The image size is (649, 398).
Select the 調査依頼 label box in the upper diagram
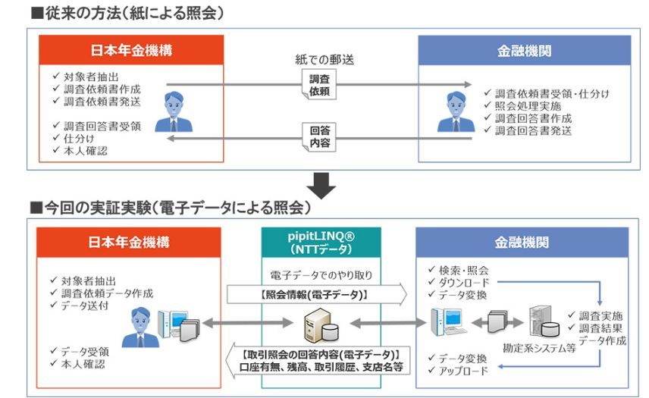320,85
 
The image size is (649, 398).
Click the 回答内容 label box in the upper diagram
320,136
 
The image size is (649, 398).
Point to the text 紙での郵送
324,59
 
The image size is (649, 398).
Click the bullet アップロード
463,370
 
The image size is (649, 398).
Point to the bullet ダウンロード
463,282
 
